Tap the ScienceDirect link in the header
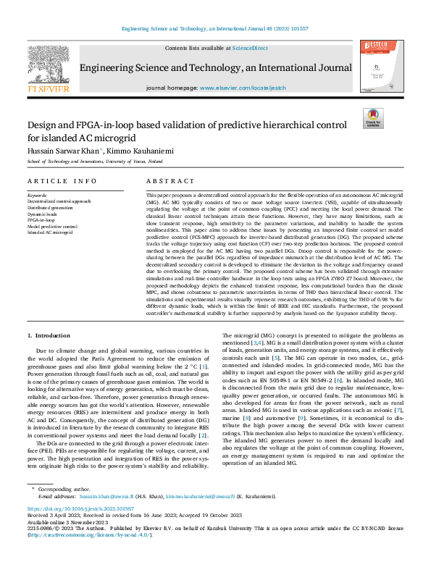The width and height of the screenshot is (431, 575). tap(250, 48)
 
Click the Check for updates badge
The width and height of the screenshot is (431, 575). tap(373, 119)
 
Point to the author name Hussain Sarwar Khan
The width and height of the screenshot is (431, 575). tap(64, 149)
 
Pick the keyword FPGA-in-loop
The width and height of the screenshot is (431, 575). tap(42, 218)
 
